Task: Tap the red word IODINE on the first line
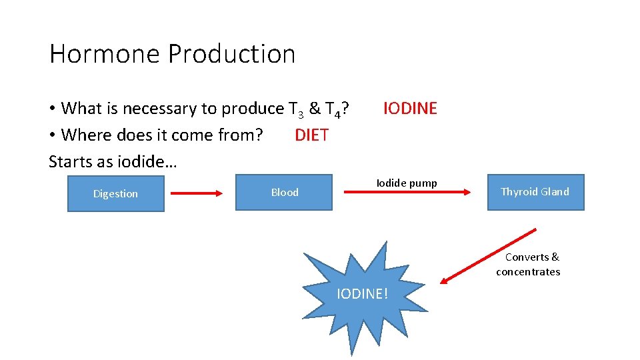coord(410,108)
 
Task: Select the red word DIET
coord(311,135)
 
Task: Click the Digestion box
coord(115,193)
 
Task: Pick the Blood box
coord(284,192)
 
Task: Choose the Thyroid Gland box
coord(535,192)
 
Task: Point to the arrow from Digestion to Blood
coord(197,193)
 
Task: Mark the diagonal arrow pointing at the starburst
coord(488,256)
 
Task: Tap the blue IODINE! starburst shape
coord(361,293)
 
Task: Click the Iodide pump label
coord(407,183)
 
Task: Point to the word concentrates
coord(528,271)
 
